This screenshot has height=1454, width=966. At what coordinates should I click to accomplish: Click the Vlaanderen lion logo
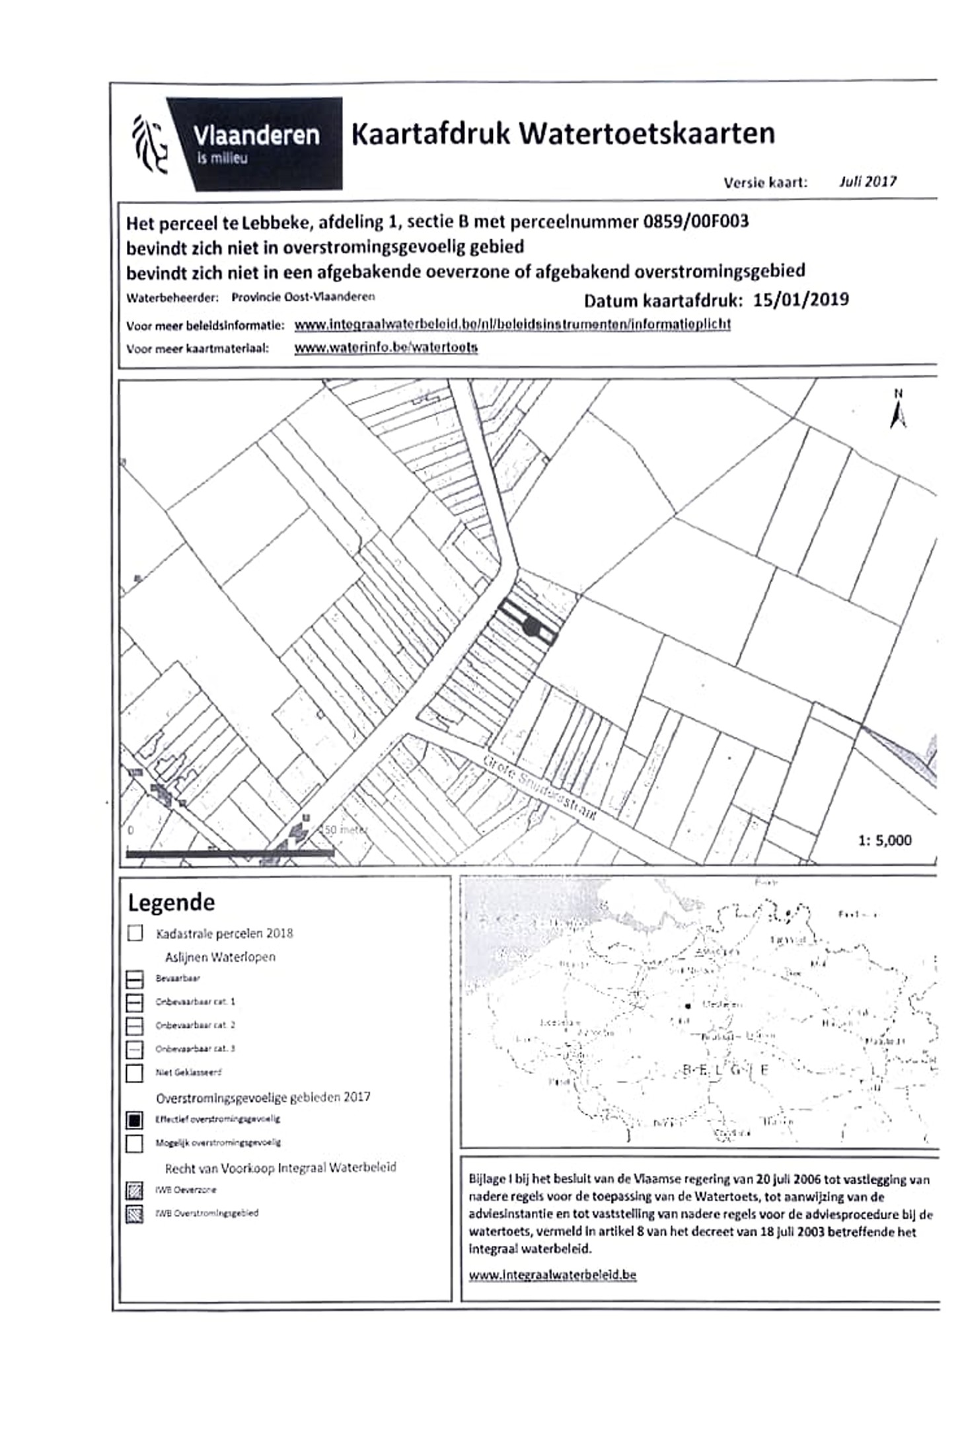[x=149, y=143]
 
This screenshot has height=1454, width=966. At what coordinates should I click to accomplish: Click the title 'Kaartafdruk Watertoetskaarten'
[x=562, y=134]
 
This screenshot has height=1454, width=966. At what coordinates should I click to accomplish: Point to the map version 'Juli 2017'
[x=868, y=182]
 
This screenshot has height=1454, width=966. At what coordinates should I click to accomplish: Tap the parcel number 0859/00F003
[x=696, y=221]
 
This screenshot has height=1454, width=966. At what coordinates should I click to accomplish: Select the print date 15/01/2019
[x=801, y=300]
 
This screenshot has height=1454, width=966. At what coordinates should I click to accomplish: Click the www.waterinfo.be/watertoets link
[x=386, y=348]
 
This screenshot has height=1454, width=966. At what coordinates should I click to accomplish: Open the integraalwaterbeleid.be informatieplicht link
[x=512, y=325]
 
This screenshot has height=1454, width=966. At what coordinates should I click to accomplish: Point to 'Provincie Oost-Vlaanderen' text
[x=303, y=297]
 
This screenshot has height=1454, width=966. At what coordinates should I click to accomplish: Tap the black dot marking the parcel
[x=530, y=627]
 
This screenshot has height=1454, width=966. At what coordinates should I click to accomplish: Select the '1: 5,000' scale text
[x=885, y=841]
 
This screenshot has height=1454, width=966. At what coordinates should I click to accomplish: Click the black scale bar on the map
[x=229, y=854]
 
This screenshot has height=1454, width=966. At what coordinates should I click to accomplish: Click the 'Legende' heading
[x=171, y=903]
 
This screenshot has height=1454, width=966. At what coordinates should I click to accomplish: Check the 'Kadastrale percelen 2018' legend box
[x=135, y=933]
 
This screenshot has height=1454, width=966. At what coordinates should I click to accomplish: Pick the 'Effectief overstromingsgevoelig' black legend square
[x=135, y=1120]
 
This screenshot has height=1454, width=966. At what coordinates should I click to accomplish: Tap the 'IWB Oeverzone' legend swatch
[x=135, y=1190]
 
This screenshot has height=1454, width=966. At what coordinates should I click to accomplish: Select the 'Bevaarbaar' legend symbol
[x=135, y=979]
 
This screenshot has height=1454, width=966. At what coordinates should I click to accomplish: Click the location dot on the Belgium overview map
[x=688, y=1006]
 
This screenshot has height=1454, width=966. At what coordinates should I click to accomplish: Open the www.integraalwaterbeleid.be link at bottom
[x=552, y=1275]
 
